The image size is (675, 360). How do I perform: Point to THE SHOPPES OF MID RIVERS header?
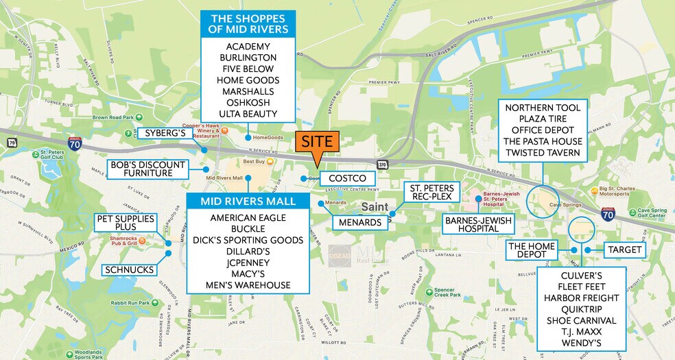point(248,23)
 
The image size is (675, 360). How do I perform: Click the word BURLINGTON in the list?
point(248,58)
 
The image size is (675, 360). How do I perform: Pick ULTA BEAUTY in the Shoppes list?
point(248,113)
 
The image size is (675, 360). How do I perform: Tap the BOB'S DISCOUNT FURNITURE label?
point(147,169)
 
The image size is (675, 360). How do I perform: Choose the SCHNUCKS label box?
point(129,269)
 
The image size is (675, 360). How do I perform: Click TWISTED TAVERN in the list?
point(543,152)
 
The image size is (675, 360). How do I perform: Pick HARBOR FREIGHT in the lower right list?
point(581,298)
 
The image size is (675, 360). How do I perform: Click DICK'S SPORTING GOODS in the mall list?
point(248,240)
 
